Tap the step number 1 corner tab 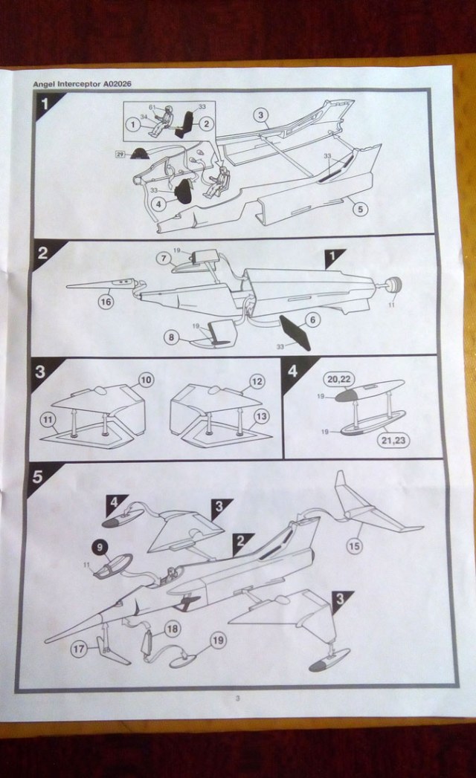[x=45, y=103]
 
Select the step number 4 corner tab [x=294, y=369]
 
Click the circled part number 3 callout [x=260, y=115]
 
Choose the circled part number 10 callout [x=146, y=380]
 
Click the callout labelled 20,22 [x=339, y=379]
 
